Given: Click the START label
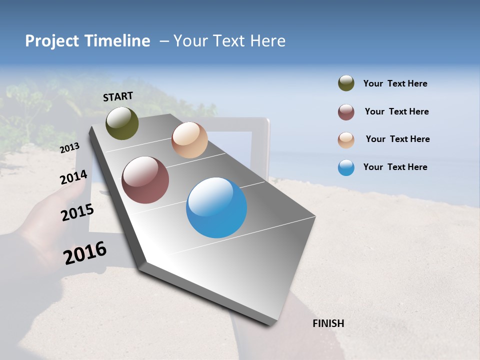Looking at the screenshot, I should (118, 96).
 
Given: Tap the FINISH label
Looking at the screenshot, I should (328, 323).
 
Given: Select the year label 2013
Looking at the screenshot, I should (69, 147).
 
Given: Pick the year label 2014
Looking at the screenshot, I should (73, 177).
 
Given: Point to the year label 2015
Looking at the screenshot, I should (77, 212).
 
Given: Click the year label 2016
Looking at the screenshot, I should (85, 253).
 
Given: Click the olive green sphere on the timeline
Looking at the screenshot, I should (122, 123).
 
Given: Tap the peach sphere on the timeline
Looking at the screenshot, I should (189, 140).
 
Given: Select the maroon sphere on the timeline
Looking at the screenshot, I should (145, 180).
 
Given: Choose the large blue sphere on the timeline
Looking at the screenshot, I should (216, 207).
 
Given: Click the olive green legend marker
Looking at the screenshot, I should (346, 83).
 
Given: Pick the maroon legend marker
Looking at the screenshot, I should (346, 112).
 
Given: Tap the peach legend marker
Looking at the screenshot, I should (346, 140).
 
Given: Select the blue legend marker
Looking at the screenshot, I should (346, 167).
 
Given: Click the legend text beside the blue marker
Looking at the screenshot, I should (395, 167).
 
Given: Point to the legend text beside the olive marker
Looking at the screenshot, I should (395, 83).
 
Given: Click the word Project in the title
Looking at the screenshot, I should (52, 41).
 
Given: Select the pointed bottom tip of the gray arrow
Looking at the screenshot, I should (272, 324).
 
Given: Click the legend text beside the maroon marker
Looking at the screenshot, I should (396, 111).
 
